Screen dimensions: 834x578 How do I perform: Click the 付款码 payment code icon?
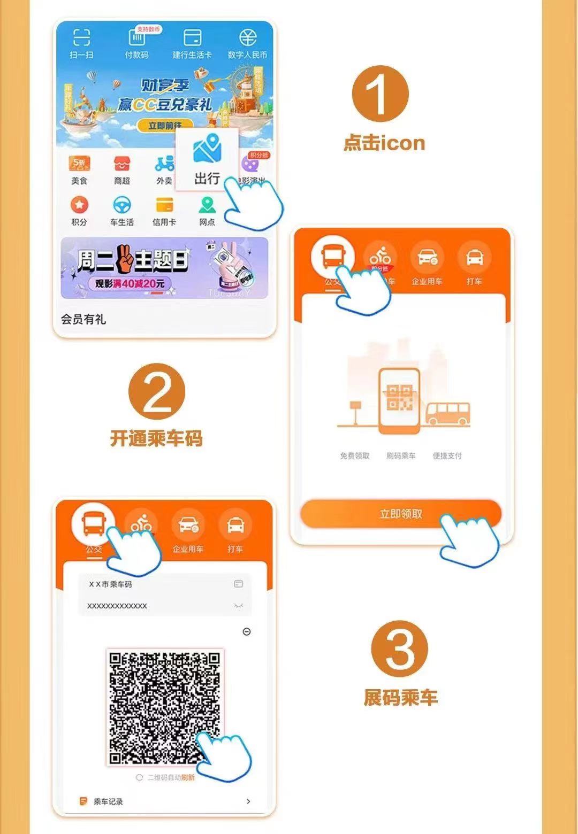pyautogui.click(x=136, y=38)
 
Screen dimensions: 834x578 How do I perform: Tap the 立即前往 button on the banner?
pyautogui.click(x=164, y=126)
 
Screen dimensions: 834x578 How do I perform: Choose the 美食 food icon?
pyautogui.click(x=79, y=163)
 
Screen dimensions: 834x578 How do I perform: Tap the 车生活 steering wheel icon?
pyautogui.click(x=122, y=205)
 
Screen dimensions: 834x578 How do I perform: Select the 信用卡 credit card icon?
pyautogui.click(x=164, y=205)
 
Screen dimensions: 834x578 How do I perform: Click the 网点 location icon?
pyautogui.click(x=207, y=205)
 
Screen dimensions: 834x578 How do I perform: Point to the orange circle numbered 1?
pyautogui.click(x=380, y=94)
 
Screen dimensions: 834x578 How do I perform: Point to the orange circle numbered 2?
pyautogui.click(x=157, y=391)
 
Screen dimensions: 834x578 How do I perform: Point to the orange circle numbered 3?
pyautogui.click(x=400, y=648)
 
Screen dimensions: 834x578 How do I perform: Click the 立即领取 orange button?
pyautogui.click(x=401, y=514)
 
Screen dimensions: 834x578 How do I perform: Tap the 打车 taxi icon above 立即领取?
pyautogui.click(x=474, y=257)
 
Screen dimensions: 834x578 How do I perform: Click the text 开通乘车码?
pyautogui.click(x=156, y=439)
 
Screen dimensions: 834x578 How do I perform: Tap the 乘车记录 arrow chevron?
pyautogui.click(x=248, y=801)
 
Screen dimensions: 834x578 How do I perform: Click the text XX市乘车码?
pyautogui.click(x=111, y=584)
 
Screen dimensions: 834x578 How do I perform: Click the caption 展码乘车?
pyautogui.click(x=400, y=698)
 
